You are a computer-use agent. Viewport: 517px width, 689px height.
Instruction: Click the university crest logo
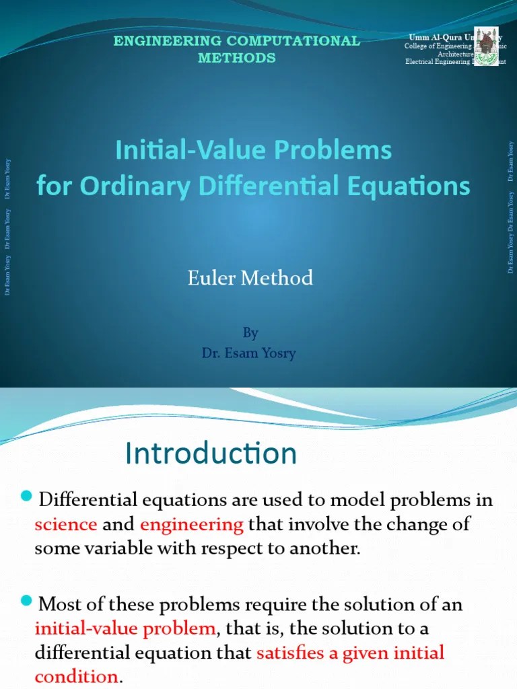tap(487, 46)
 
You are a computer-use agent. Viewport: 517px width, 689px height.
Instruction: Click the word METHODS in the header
tap(236, 58)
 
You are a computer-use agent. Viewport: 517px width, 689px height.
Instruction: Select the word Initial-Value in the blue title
tap(178, 150)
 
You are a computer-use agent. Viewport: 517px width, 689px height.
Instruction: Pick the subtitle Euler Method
tap(250, 277)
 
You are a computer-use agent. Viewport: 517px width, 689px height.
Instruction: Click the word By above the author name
tap(250, 333)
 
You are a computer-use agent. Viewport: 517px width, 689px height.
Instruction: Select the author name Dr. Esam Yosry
tap(249, 353)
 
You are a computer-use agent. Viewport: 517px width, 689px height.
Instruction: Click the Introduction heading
tap(211, 454)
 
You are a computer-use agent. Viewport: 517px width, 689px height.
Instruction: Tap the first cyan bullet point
tap(27, 497)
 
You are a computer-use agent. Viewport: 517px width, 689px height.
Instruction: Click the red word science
tap(66, 524)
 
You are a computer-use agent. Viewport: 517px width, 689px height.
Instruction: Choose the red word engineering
tap(192, 524)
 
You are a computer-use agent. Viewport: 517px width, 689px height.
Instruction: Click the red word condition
tap(75, 676)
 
